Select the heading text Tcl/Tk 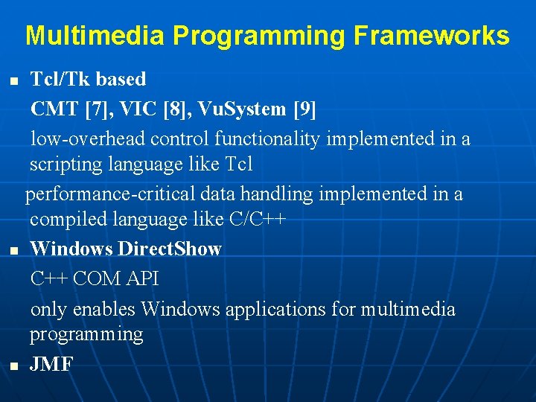[59, 79]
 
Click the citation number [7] [98, 109]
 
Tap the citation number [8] [182, 109]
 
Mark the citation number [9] [305, 109]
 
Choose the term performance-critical [111, 194]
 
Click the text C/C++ [261, 220]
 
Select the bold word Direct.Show [170, 249]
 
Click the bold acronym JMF [51, 364]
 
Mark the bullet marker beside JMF [13, 366]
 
